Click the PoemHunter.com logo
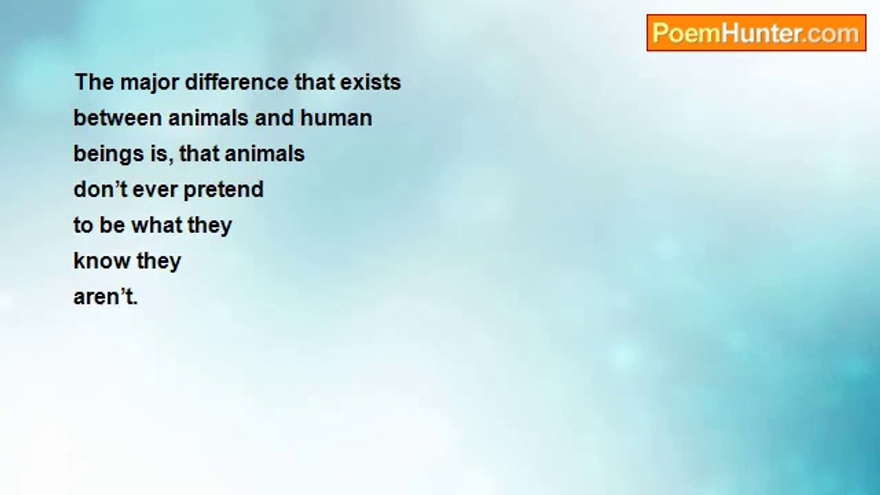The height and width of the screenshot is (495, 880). [x=756, y=33]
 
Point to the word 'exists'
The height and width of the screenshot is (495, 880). [x=371, y=82]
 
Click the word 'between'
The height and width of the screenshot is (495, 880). [x=118, y=118]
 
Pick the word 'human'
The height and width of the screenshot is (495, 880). [x=336, y=118]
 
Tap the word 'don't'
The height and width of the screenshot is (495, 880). [x=100, y=189]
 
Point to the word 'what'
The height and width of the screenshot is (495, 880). [x=157, y=225]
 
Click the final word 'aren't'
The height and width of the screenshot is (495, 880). [x=106, y=296]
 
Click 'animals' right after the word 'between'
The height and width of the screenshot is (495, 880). [x=208, y=118]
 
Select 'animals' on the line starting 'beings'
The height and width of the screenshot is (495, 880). [x=265, y=153]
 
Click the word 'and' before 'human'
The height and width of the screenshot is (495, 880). [x=274, y=118]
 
